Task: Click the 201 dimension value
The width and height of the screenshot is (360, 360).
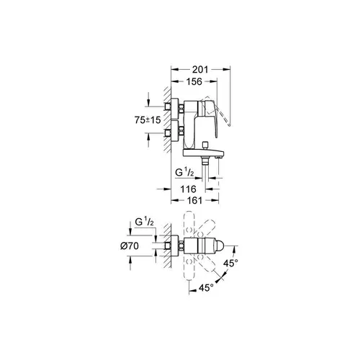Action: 200,70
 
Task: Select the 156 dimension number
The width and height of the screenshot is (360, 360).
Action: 194,81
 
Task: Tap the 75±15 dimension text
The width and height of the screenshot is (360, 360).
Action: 148,120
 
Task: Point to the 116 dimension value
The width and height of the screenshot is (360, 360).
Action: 189,189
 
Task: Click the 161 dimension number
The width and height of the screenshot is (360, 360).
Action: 194,200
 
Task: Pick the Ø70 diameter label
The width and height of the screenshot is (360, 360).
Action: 130,246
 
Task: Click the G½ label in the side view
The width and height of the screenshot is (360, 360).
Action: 184,172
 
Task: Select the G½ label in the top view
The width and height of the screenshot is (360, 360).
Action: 144,222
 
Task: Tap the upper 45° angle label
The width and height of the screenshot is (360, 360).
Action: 230,264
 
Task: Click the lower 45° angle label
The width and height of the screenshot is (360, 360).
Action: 206,287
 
